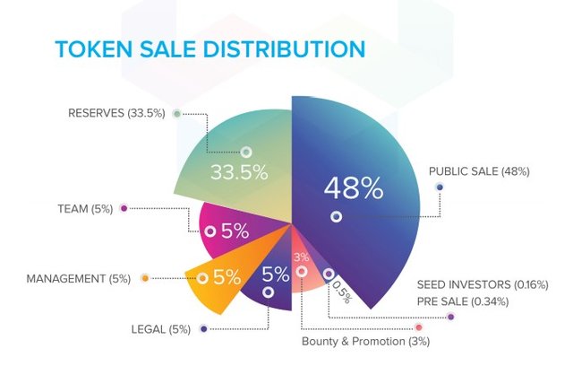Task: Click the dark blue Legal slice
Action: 273,283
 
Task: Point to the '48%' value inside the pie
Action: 354,188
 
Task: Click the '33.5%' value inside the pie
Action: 239,172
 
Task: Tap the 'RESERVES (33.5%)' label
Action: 116,114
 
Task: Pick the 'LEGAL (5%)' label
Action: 161,329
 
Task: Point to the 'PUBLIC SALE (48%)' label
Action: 479,170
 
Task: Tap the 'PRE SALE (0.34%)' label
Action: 463,301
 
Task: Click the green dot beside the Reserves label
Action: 177,114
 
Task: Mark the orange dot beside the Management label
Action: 145,279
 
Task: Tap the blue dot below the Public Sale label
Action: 439,187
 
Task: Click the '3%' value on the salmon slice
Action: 301,257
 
